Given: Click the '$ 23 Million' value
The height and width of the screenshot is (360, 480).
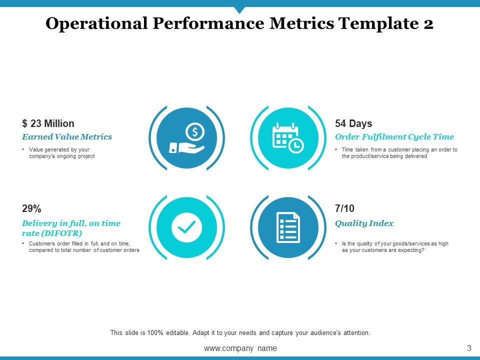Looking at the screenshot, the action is point(48,123).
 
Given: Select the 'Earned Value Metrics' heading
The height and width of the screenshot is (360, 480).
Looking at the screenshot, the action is point(67,136).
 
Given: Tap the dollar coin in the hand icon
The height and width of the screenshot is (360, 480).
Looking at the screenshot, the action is point(195,132).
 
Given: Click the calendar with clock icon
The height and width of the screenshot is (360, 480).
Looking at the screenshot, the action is point(288,138).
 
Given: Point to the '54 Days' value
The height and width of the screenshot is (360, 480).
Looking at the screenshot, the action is point(353,123).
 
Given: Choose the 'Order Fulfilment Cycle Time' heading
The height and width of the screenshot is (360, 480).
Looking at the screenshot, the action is point(394,137).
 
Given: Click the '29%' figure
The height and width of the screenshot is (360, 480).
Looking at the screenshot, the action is point(31,208).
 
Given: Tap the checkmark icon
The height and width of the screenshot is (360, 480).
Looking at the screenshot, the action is point(186,227).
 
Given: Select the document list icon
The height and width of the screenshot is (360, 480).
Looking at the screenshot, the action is point(288,227).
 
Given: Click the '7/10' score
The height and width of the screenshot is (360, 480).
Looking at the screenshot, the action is point(344,208).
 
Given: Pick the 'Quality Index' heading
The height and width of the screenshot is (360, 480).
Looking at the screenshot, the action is point(364,223).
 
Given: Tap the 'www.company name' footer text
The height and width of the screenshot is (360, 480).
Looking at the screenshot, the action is point(240,348).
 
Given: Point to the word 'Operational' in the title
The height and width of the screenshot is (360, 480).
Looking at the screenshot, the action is point(96,23).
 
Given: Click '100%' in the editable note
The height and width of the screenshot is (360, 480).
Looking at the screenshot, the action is point(155,333).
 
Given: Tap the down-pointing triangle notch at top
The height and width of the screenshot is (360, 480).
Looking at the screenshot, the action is point(239,10).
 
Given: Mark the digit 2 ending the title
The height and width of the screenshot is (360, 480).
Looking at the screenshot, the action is point(428,24).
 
